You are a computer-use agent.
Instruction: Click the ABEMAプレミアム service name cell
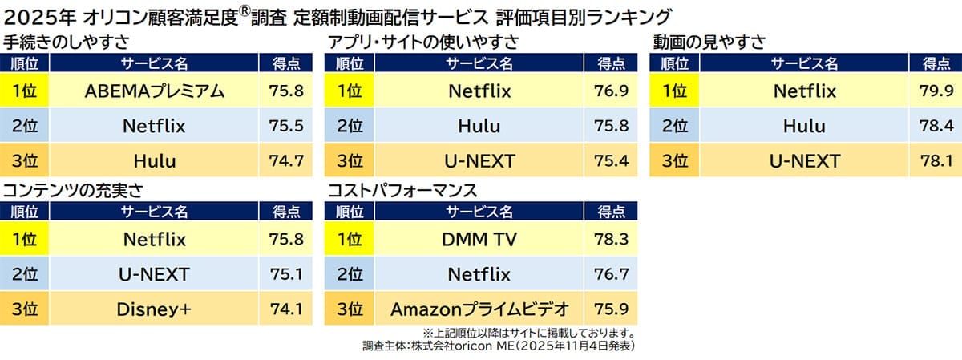(x=155, y=91)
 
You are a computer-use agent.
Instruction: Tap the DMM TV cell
(x=479, y=239)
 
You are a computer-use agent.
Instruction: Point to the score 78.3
(x=612, y=239)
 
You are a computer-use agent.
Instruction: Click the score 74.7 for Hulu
(x=287, y=161)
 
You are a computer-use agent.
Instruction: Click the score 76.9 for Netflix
(x=612, y=91)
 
